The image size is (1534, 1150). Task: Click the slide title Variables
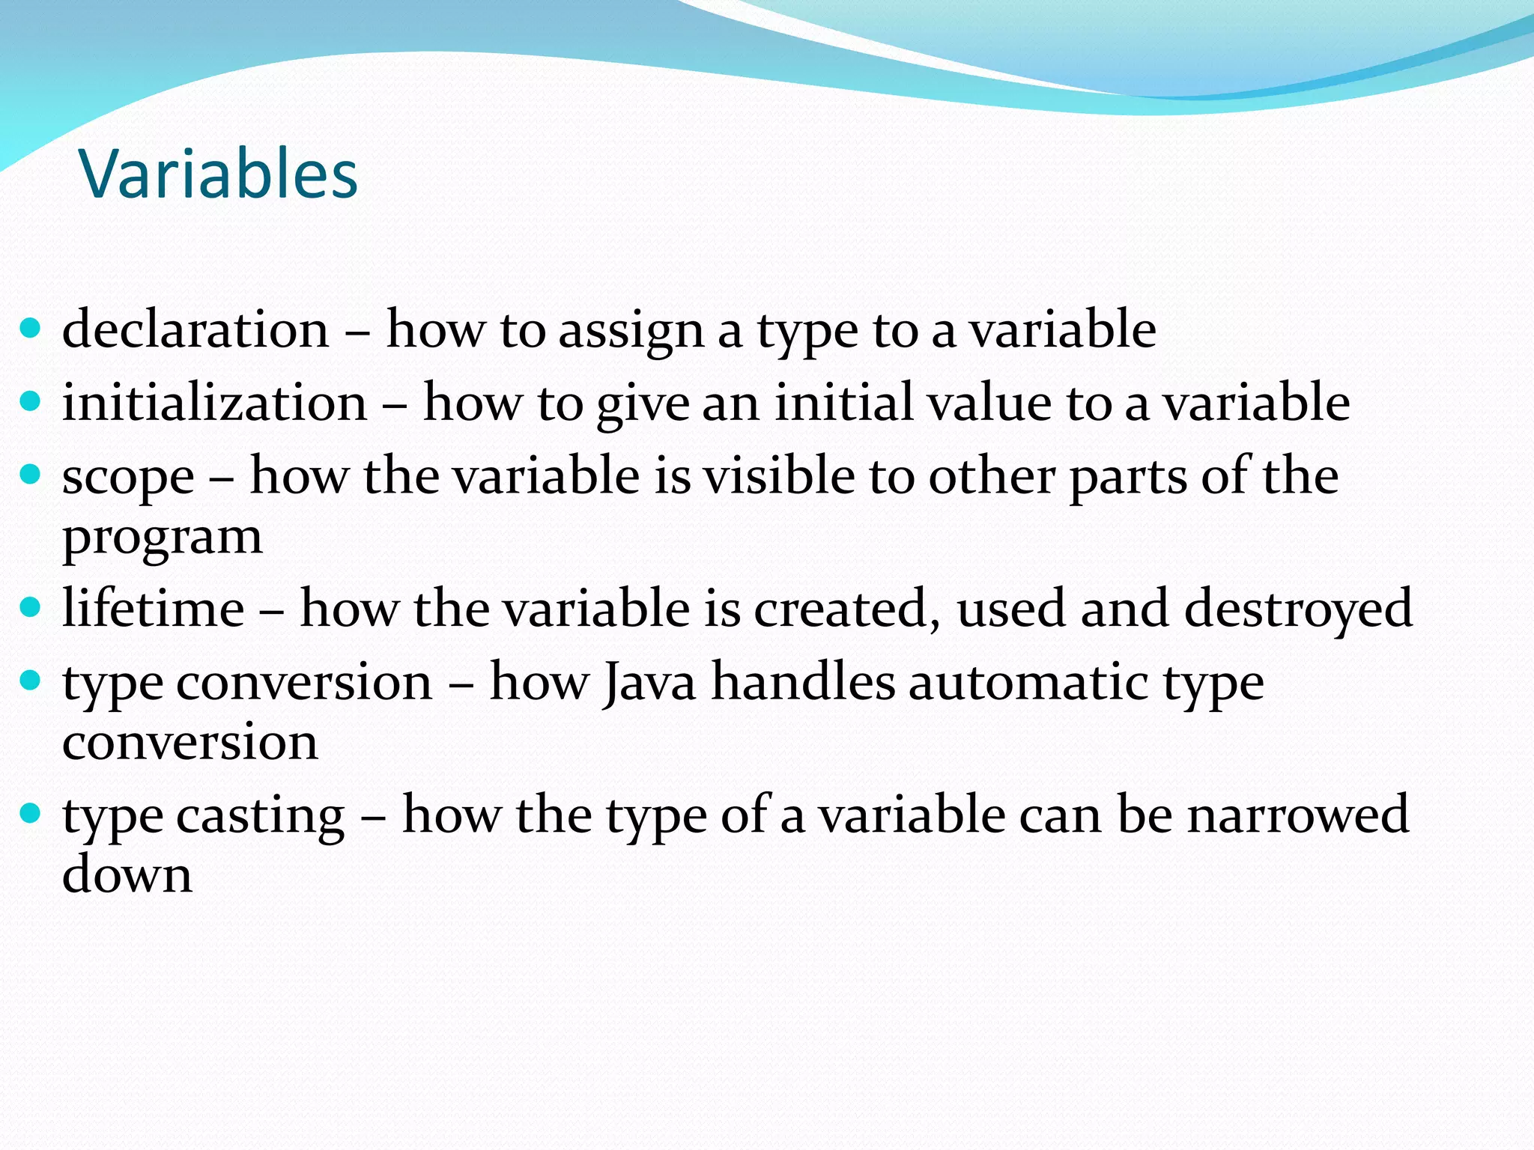point(218,174)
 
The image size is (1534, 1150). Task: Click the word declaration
point(195,329)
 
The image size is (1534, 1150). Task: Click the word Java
point(649,683)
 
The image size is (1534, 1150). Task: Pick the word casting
point(260,815)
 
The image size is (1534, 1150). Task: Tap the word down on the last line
point(127,874)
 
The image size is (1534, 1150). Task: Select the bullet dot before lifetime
point(29,606)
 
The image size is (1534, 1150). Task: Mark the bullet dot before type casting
point(29,812)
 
